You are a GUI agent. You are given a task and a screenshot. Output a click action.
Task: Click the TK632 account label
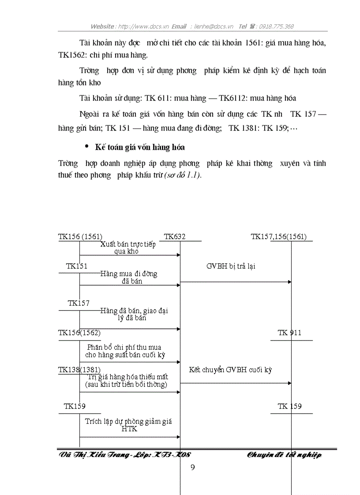pyautogui.click(x=175, y=237)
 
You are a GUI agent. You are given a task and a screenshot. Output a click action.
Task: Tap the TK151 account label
pyautogui.click(x=77, y=266)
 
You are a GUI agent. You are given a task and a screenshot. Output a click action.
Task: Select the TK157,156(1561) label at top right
pyautogui.click(x=279, y=237)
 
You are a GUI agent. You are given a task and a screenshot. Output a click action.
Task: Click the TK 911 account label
pyautogui.click(x=289, y=333)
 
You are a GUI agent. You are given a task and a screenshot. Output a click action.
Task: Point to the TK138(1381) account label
pyautogui.click(x=79, y=369)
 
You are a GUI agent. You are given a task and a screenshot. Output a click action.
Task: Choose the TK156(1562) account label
pyautogui.click(x=79, y=333)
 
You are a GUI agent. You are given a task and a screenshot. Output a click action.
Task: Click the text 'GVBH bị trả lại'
pyautogui.click(x=230, y=266)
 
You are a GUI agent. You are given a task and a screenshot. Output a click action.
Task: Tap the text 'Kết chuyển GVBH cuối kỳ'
pyautogui.click(x=230, y=370)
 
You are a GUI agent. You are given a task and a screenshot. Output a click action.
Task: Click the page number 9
pyautogui.click(x=192, y=467)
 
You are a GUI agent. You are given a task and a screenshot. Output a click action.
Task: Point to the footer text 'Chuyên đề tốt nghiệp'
pyautogui.click(x=284, y=455)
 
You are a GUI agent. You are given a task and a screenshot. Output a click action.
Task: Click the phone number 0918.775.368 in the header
pyautogui.click(x=276, y=26)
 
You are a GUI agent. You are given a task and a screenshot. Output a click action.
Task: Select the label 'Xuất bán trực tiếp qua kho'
pyautogui.click(x=127, y=248)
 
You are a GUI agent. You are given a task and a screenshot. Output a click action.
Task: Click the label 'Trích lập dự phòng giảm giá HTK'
pyautogui.click(x=128, y=425)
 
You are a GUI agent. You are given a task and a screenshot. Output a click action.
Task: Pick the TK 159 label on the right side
pyautogui.click(x=289, y=406)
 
